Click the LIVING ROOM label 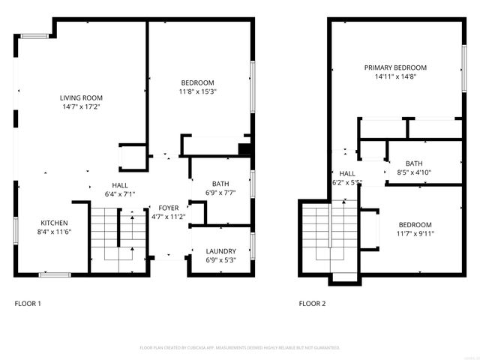tap(82, 97)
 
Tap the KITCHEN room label tap(54, 223)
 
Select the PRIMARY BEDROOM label tap(395, 67)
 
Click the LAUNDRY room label tap(220, 251)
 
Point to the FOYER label tap(168, 208)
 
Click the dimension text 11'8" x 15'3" tap(197, 92)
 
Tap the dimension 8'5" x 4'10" tap(414, 172)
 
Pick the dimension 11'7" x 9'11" tap(415, 234)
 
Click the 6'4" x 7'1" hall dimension tap(120, 194)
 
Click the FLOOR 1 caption tap(28, 304)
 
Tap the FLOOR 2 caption tap(313, 304)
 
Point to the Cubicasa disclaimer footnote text tap(240, 348)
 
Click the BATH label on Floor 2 tap(414, 163)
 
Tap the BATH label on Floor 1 tap(220, 184)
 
